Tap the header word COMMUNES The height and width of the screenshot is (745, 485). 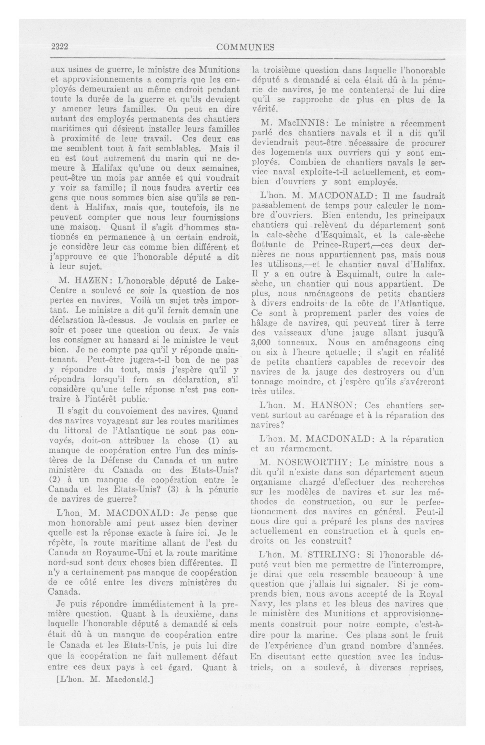(245, 47)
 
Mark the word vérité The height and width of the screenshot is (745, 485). (265, 109)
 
